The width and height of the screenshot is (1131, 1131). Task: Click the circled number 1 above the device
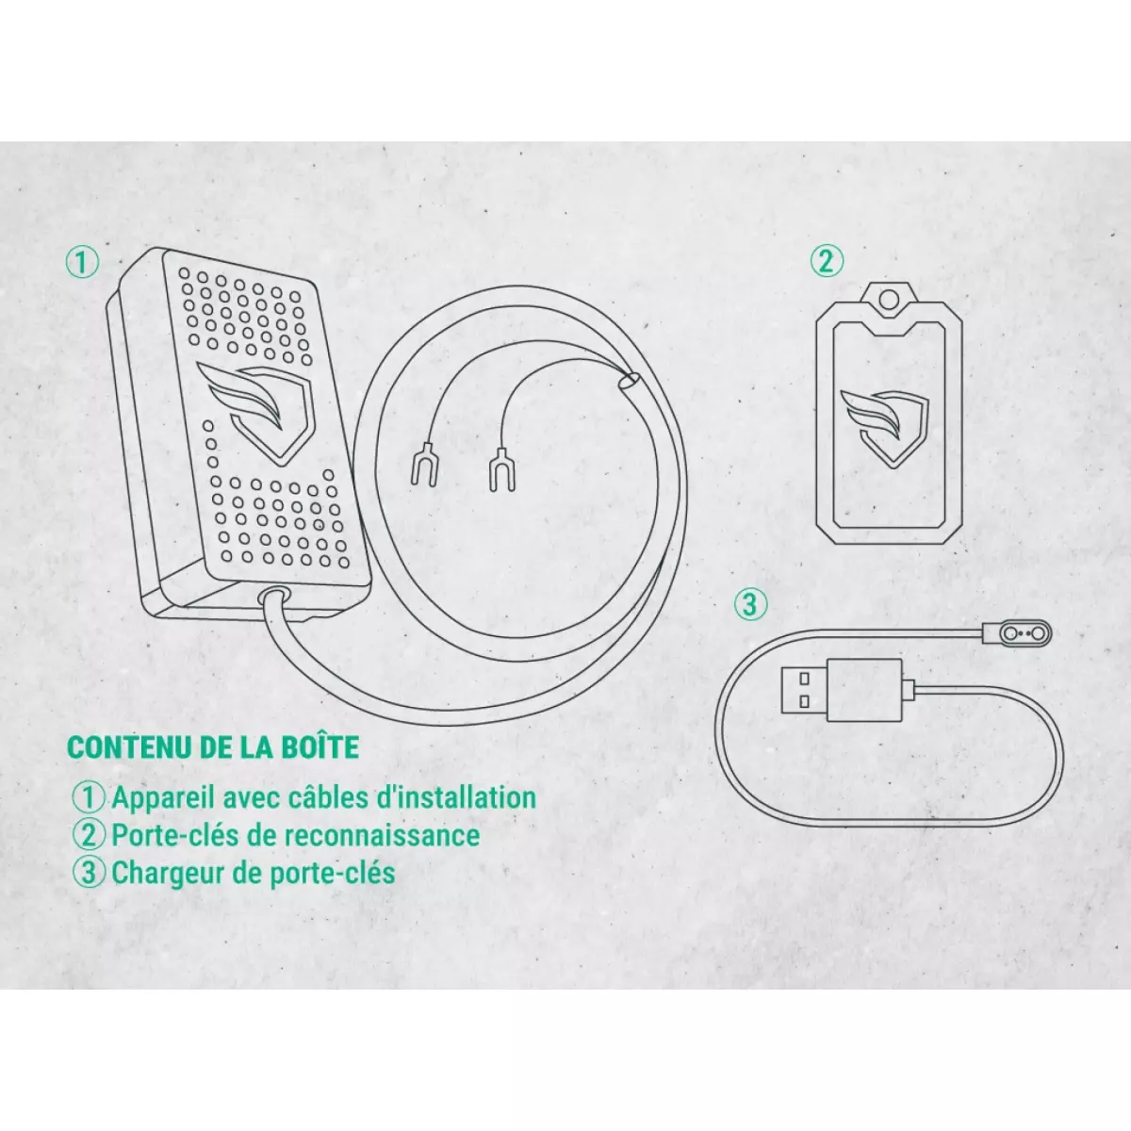point(83,263)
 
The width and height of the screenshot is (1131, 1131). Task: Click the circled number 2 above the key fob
point(827,261)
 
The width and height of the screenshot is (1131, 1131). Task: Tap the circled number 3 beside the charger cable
point(750,605)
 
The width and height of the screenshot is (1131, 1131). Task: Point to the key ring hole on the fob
point(889,302)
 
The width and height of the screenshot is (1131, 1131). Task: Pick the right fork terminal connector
point(500,469)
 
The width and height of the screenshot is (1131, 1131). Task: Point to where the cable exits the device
point(273,594)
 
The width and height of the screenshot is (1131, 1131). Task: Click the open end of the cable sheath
point(630,381)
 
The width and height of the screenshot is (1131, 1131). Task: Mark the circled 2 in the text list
point(90,836)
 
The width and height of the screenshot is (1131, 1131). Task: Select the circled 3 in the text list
point(90,873)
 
